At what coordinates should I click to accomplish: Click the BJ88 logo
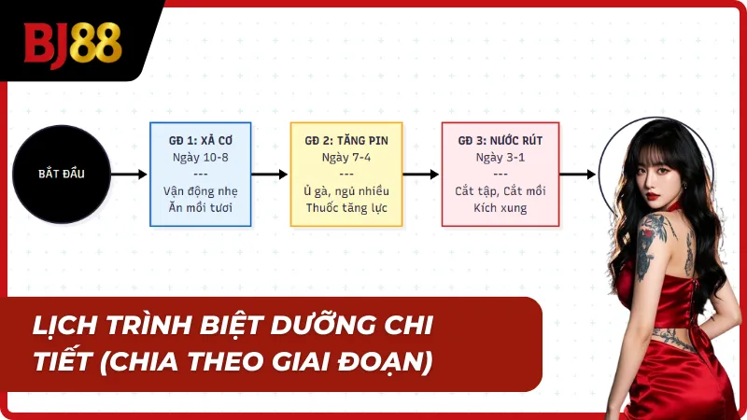pos(73,41)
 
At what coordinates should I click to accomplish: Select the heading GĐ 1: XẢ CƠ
pos(201,140)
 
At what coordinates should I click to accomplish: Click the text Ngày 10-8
pos(201,157)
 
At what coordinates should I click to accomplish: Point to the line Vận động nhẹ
pos(201,191)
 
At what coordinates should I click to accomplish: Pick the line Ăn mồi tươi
pos(201,208)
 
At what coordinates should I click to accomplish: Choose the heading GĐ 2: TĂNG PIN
pos(346,140)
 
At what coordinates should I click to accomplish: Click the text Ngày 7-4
pos(346,157)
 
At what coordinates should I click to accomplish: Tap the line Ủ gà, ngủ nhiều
pos(346,191)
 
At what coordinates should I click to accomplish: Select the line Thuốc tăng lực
pos(346,208)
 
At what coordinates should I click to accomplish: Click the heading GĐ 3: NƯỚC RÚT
pos(500,140)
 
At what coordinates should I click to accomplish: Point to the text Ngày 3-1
pos(500,157)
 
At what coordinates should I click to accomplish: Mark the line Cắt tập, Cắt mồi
pos(500,191)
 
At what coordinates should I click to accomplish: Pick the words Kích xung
pos(500,208)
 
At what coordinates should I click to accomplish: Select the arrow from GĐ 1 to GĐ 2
pos(270,174)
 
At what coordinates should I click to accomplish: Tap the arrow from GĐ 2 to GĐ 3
pos(421,174)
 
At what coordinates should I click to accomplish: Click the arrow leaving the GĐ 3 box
pos(578,174)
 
